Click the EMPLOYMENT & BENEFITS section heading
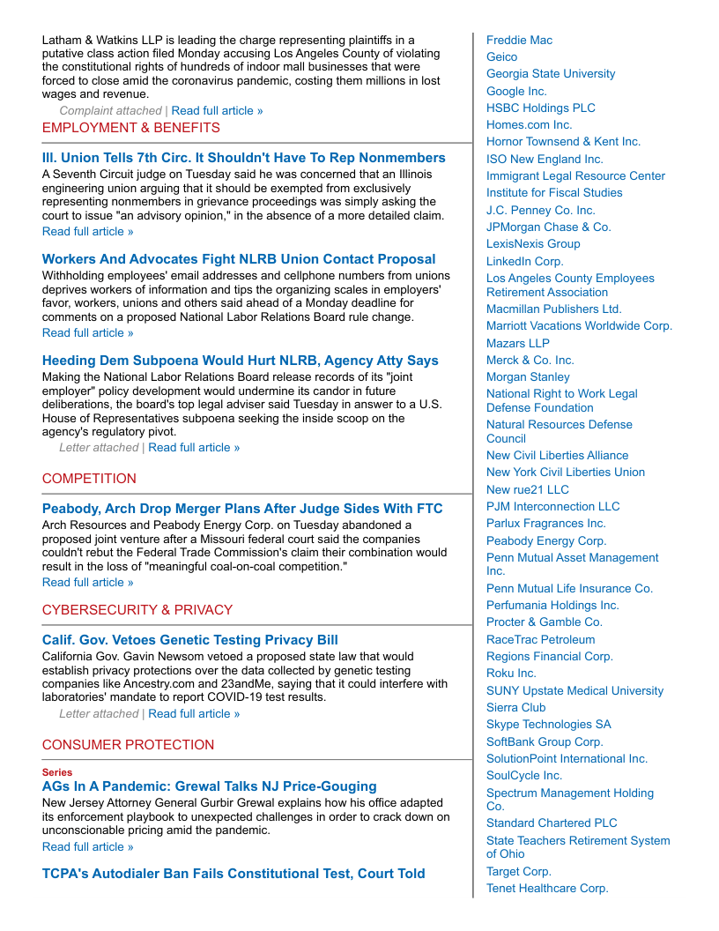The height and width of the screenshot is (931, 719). point(131,128)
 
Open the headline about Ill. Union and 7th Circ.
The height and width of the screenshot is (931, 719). point(244,158)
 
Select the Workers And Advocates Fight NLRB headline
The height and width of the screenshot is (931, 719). point(239,259)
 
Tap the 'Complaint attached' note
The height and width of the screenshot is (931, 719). point(110,111)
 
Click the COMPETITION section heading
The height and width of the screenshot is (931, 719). point(89,479)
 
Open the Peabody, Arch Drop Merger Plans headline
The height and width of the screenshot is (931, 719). point(242,509)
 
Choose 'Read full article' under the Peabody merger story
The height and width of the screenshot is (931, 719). point(88,583)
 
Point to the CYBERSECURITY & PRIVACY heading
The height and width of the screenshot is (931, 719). point(137,610)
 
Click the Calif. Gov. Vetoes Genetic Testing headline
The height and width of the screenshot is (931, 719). point(190,640)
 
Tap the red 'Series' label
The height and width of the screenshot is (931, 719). point(57,772)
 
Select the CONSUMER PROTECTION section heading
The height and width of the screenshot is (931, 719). point(128,745)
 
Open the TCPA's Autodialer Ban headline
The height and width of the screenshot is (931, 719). point(233,874)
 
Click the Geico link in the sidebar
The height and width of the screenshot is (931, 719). point(502,57)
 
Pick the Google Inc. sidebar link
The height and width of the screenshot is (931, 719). point(516,92)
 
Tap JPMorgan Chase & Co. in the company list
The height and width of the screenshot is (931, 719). point(549,227)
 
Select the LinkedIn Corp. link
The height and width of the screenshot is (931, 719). point(525,262)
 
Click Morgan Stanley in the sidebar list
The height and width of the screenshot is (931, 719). point(528,377)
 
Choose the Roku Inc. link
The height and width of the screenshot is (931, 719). point(511,674)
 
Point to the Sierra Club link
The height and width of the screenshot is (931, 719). point(516,708)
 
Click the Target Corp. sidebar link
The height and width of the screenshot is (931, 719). point(519,872)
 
